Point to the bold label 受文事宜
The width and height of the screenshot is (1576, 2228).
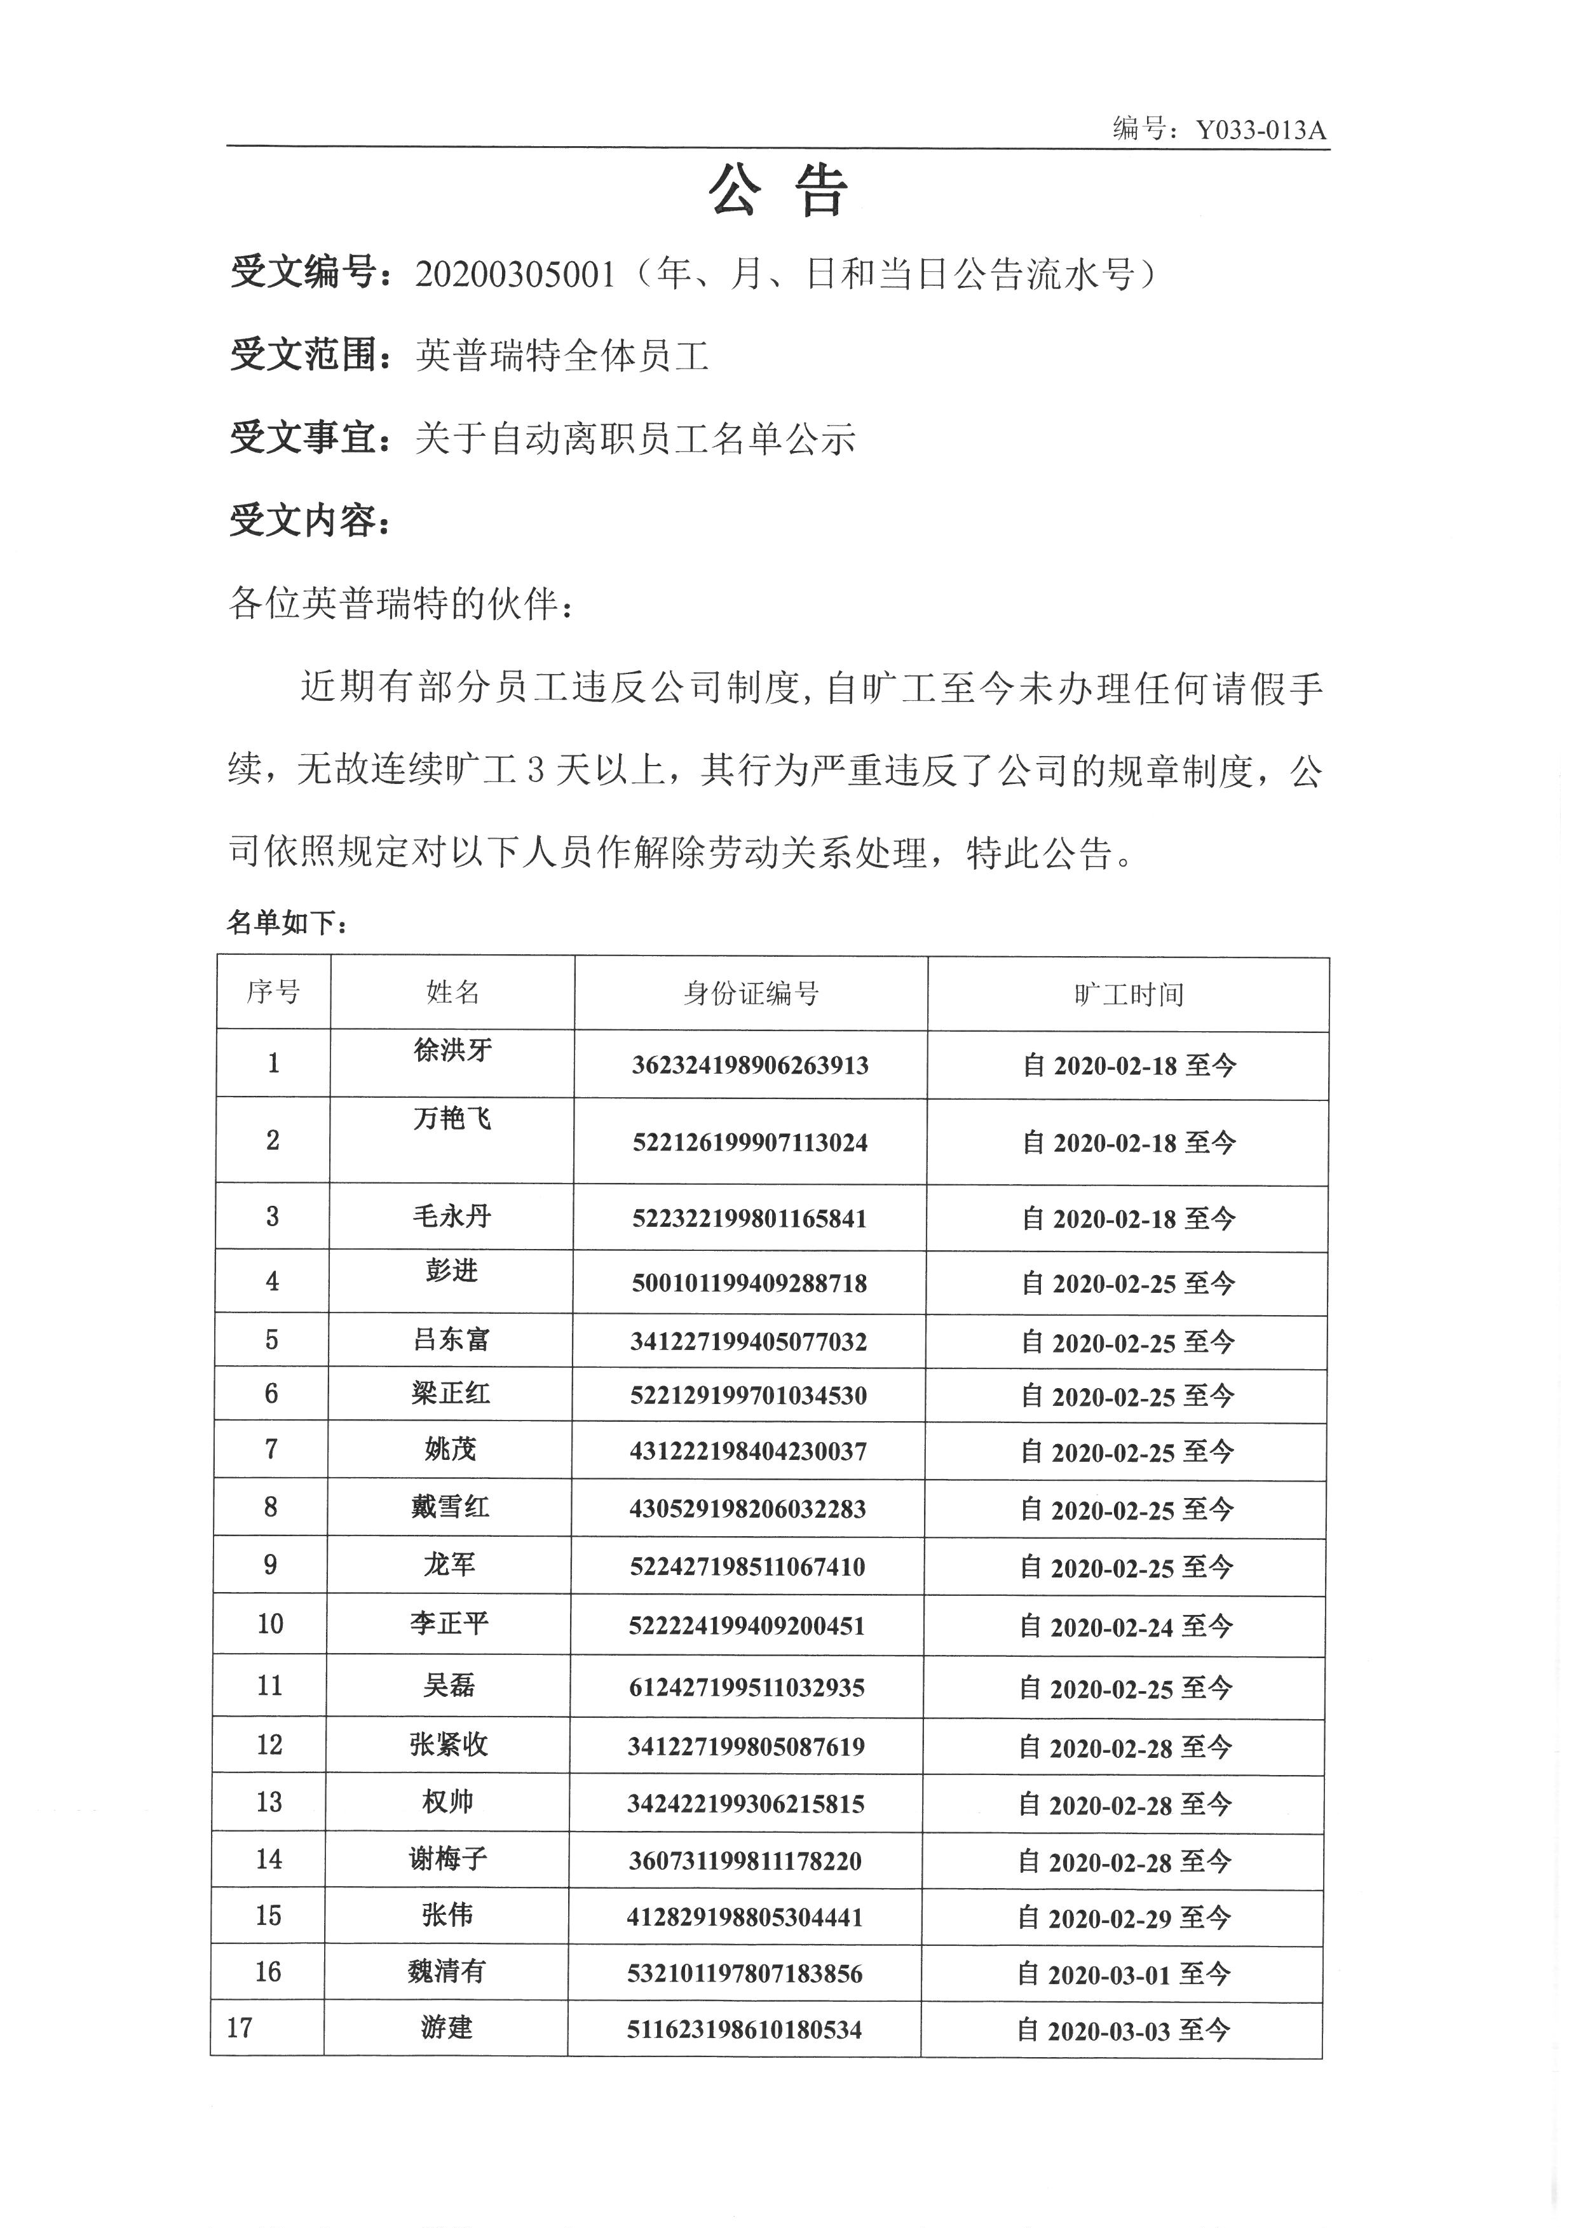pos(302,438)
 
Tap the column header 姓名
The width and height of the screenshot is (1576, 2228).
pos(452,992)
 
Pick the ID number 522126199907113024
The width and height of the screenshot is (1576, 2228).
pos(749,1142)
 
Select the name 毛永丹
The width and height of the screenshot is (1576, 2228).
pos(451,1216)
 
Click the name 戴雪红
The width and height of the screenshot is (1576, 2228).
pos(449,1506)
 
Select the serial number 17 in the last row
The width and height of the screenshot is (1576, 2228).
pos(240,2028)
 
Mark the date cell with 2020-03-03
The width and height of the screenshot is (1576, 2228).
pos(1123,2030)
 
